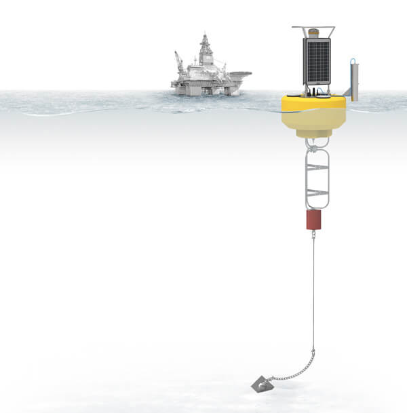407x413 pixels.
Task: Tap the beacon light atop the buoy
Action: pos(313,32)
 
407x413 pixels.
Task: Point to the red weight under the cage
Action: pos(313,219)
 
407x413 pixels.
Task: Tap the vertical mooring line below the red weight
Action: pos(313,292)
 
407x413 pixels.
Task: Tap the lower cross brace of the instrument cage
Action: pos(316,193)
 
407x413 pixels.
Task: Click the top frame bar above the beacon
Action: pos(313,27)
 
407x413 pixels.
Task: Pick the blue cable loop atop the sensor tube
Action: pos(353,61)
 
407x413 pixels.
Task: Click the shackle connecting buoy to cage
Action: pos(314,143)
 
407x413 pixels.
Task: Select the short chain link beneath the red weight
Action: pos(313,234)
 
